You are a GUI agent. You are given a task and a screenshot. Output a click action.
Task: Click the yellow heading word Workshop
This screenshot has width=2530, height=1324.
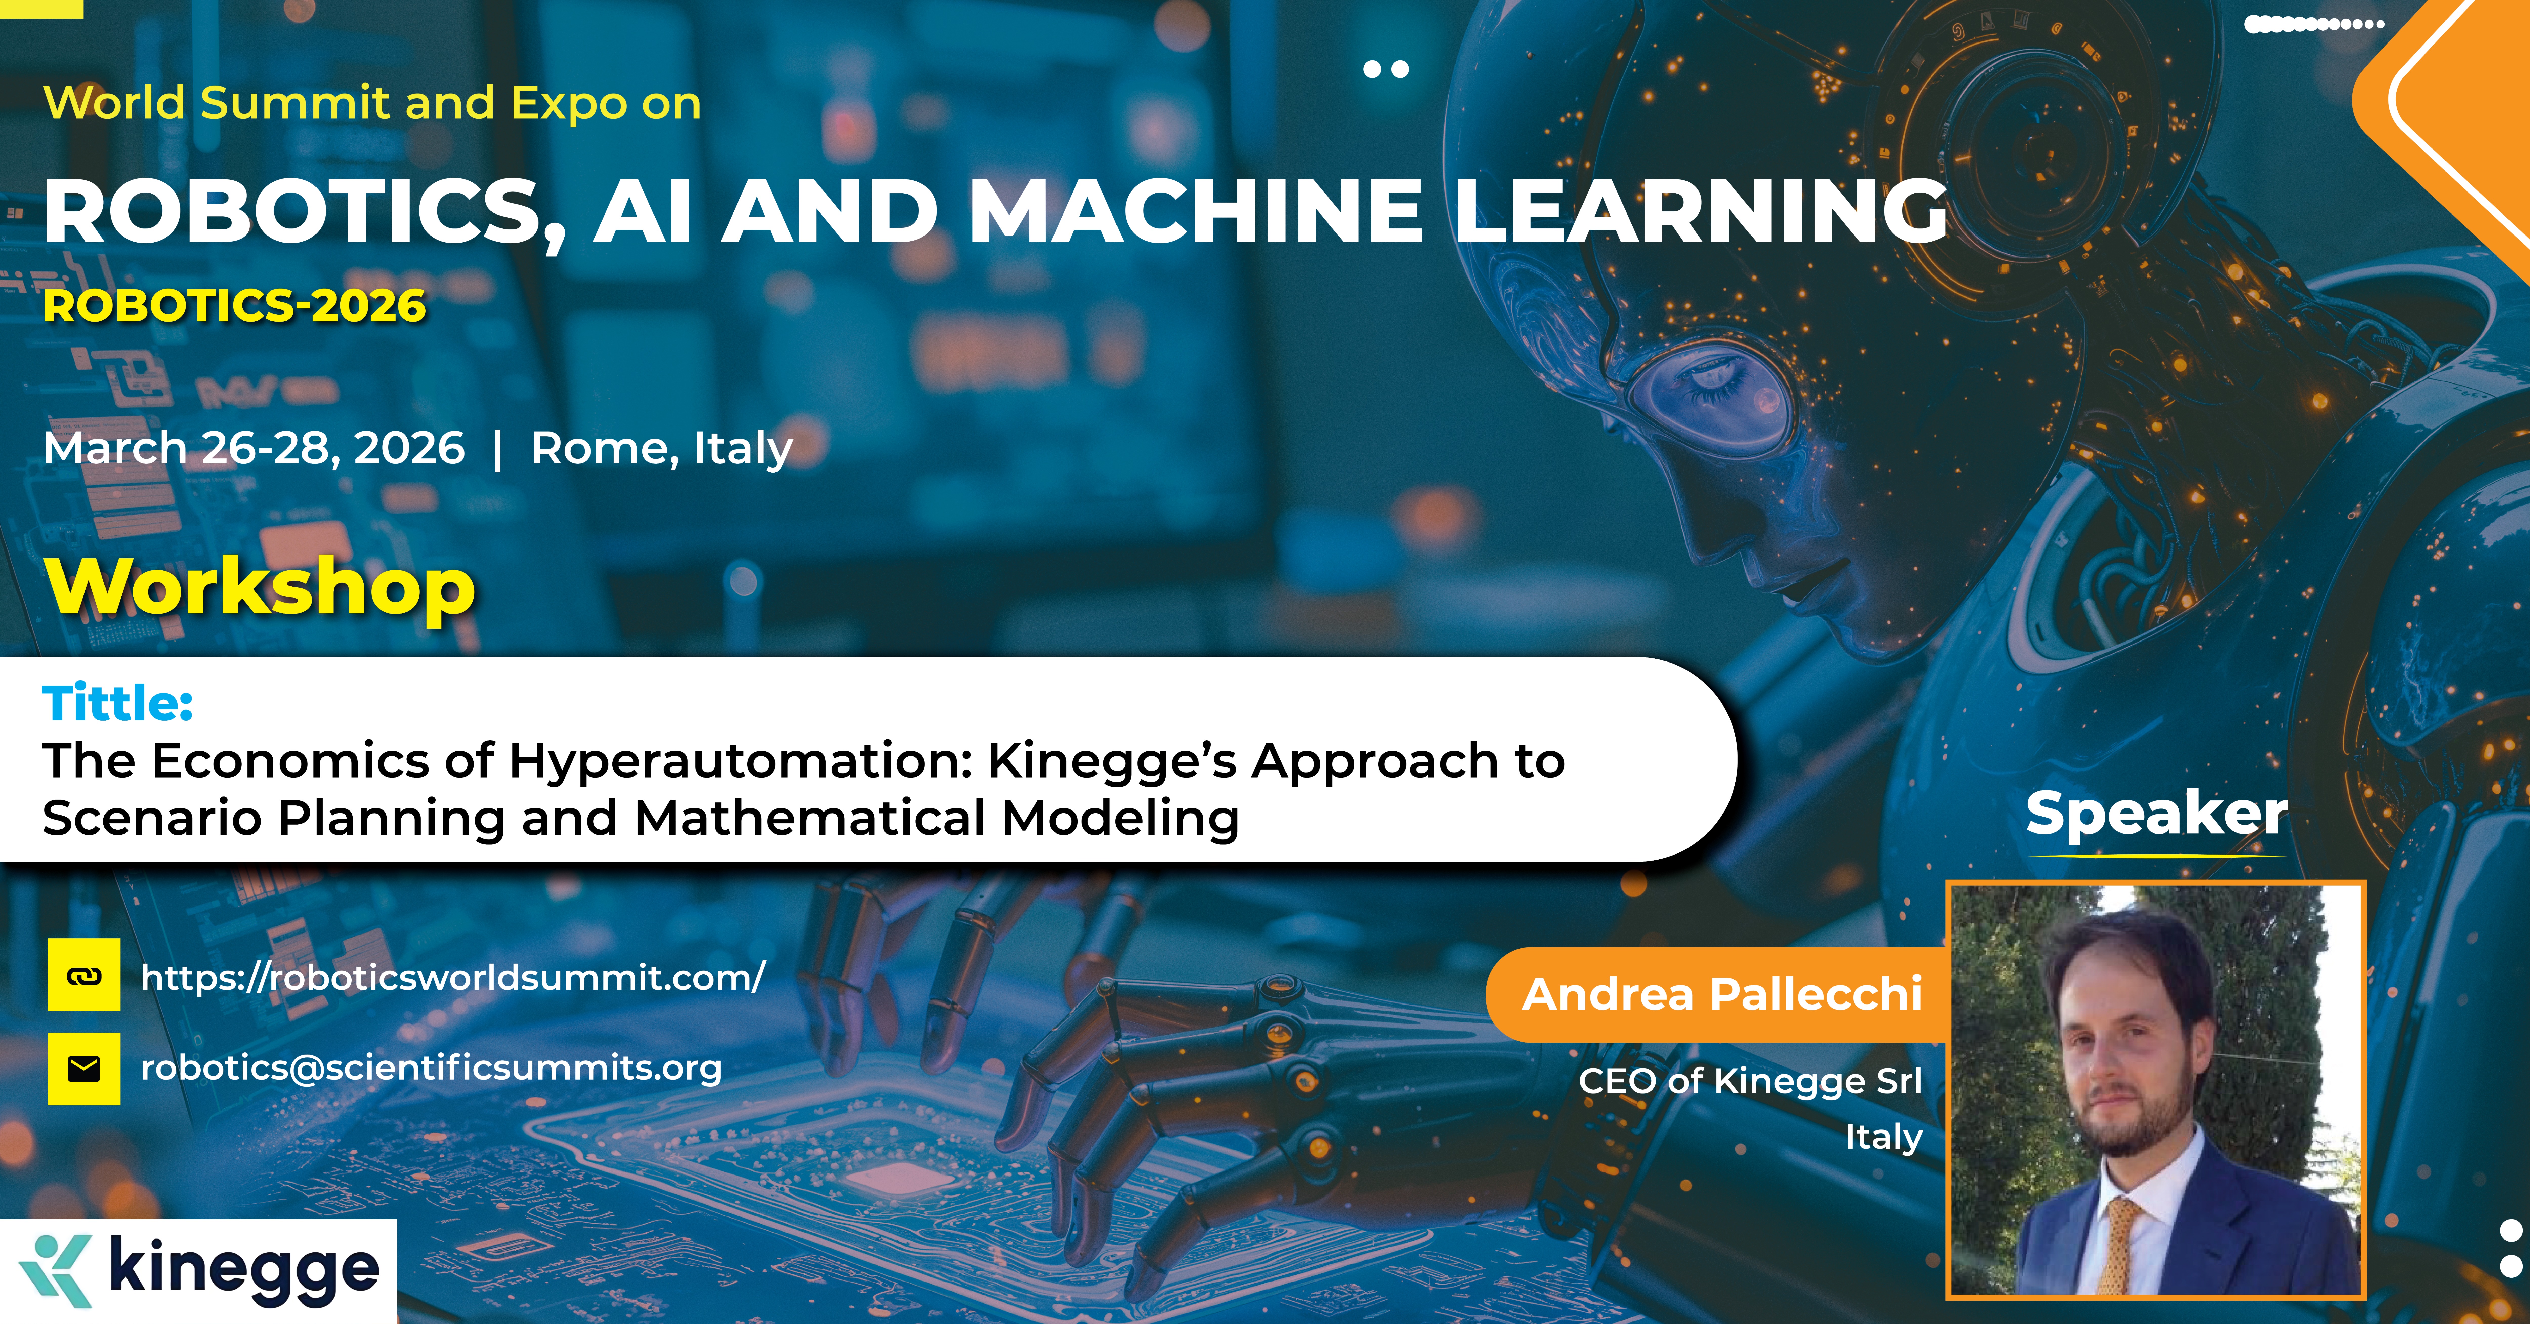[260, 589]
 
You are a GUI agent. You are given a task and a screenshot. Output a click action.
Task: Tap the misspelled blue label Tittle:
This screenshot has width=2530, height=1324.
[117, 703]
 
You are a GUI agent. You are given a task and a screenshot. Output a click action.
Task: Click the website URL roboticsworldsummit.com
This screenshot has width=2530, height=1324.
[453, 977]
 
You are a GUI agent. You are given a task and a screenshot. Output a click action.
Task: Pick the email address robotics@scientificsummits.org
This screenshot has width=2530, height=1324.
[431, 1068]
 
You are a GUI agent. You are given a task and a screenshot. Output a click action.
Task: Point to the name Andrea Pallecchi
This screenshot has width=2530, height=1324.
[1722, 994]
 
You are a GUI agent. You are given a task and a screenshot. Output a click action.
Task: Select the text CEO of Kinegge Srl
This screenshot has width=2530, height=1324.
[1750, 1080]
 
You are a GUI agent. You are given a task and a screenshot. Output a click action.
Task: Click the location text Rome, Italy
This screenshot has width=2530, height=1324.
[661, 449]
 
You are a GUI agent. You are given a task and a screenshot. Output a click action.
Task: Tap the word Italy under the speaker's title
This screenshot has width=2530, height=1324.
[1883, 1136]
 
